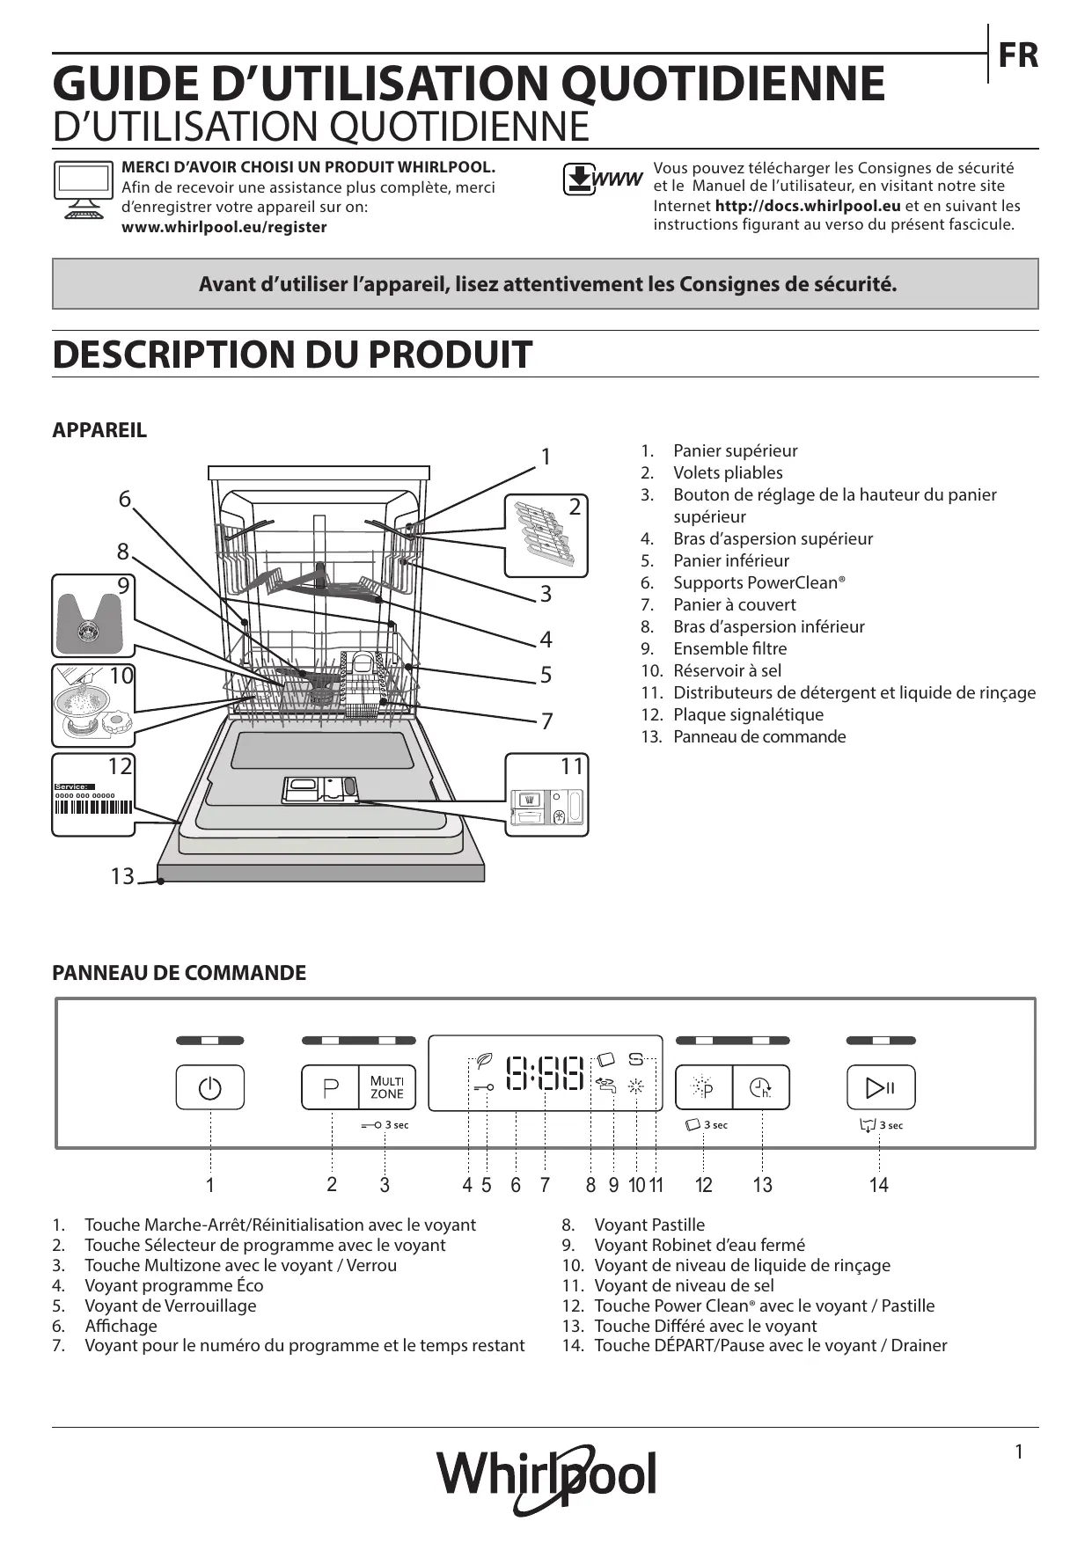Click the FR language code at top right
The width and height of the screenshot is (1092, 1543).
1018,55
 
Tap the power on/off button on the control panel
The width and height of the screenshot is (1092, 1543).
210,1088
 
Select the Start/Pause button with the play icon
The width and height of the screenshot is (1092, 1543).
881,1088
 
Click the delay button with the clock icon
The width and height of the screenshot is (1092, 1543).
761,1088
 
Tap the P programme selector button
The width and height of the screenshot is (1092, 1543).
331,1088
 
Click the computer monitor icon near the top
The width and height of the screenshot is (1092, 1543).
83,189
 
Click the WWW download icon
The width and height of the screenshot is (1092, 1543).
603,179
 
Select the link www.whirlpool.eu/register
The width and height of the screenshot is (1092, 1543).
224,227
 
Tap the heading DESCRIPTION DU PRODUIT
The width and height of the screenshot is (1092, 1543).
292,355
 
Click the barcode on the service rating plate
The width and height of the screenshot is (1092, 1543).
93,808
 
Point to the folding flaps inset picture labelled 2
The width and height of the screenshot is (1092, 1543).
546,536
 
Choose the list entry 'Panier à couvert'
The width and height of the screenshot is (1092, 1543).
734,604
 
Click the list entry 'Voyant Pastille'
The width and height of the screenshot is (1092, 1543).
649,1225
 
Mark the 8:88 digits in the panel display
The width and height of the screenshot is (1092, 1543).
546,1074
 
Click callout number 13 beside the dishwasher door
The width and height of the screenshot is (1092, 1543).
122,876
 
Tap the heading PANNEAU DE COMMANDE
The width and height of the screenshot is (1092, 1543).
180,973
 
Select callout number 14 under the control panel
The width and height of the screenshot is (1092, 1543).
878,1185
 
